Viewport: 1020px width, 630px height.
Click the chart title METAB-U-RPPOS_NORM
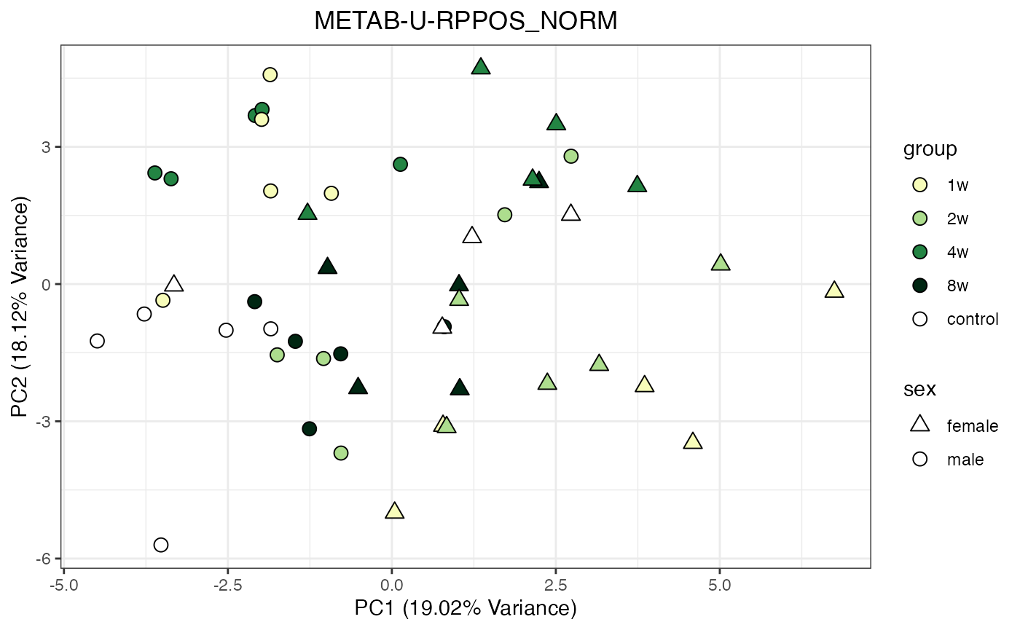click(466, 21)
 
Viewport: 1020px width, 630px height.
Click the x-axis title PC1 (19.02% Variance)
click(466, 607)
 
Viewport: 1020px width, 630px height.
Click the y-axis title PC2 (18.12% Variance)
click(21, 307)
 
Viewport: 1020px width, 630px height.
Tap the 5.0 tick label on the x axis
click(720, 585)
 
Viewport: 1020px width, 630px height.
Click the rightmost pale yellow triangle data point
click(834, 290)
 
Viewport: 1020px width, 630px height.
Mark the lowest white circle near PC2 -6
click(161, 545)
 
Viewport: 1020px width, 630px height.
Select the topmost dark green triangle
click(480, 67)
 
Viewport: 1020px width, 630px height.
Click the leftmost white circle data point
click(97, 341)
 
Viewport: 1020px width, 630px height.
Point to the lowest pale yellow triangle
click(394, 511)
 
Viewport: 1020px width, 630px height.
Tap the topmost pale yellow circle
click(270, 74)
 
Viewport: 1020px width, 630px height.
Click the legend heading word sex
click(919, 390)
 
